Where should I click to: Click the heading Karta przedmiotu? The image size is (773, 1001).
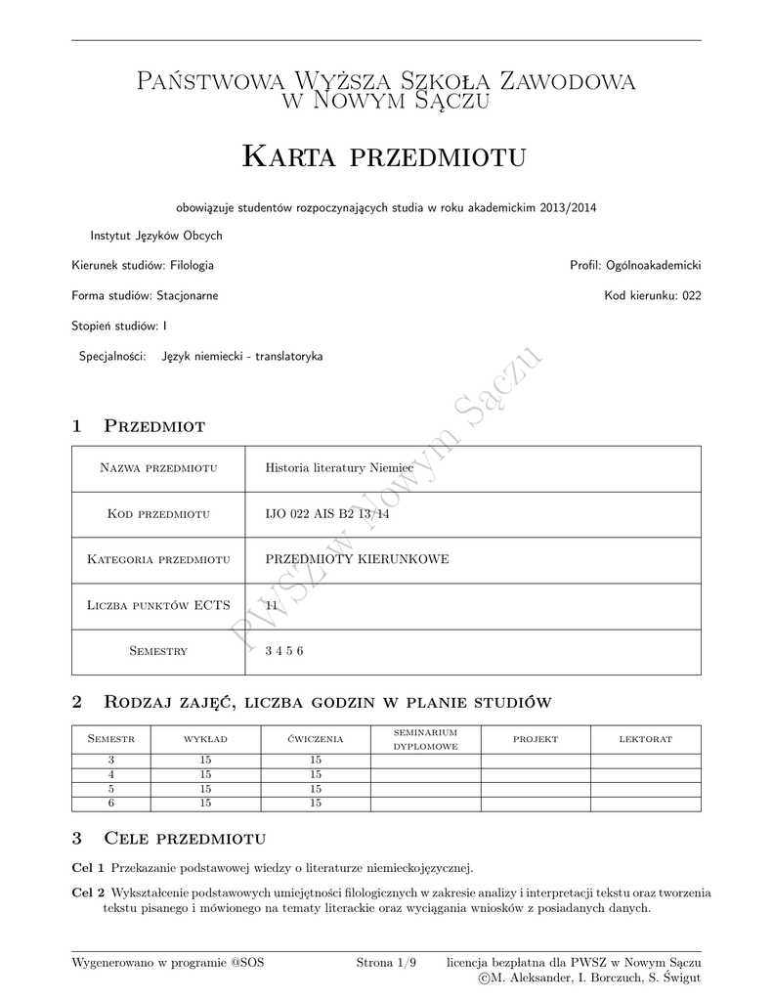coord(384,155)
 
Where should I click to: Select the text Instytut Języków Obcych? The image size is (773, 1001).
coord(156,236)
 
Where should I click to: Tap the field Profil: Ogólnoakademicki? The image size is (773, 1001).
coord(635,265)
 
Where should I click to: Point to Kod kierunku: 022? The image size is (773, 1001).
coord(652,295)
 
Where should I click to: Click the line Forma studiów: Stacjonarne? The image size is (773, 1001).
coord(145,295)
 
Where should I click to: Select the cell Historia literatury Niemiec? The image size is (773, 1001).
coord(339,468)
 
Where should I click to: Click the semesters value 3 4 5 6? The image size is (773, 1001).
coord(284,651)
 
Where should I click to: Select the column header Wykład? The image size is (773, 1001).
coord(205,739)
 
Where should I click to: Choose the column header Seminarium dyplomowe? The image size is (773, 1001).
coord(425,739)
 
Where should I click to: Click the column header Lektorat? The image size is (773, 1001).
coord(645,739)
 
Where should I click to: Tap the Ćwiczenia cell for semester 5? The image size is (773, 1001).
coord(316,789)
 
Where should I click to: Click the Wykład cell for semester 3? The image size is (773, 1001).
coord(205,761)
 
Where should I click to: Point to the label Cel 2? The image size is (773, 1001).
coord(89,892)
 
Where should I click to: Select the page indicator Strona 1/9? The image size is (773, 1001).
coord(386,963)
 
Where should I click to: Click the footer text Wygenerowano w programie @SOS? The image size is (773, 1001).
coord(168,963)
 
